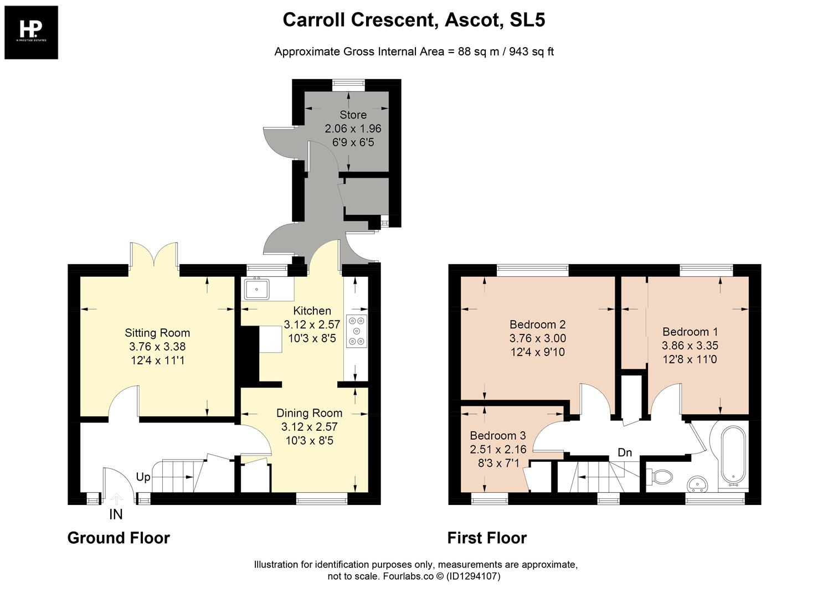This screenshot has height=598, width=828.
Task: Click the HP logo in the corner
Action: click(x=31, y=32)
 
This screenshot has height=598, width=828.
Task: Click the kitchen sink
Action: click(x=256, y=289)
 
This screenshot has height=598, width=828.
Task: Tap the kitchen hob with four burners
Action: click(x=356, y=331)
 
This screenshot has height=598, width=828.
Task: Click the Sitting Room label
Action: click(x=157, y=333)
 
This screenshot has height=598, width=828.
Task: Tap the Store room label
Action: click(x=353, y=115)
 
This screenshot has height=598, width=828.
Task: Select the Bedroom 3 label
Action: click(x=497, y=436)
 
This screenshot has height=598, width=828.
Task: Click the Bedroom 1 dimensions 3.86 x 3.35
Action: click(x=690, y=346)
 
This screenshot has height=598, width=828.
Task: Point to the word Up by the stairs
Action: click(x=143, y=477)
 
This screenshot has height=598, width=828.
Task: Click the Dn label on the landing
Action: click(x=625, y=452)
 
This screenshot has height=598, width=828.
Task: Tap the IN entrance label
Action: click(x=116, y=514)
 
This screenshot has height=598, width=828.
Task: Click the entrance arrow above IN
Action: click(x=116, y=499)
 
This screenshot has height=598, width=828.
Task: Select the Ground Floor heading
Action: click(x=119, y=538)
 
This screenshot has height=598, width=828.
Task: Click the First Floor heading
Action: click(x=487, y=538)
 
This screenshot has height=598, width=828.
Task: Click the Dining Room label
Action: click(x=309, y=413)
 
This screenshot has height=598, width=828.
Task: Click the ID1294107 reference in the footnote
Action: click(x=473, y=576)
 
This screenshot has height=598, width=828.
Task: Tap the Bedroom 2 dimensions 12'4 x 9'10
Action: click(x=537, y=352)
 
